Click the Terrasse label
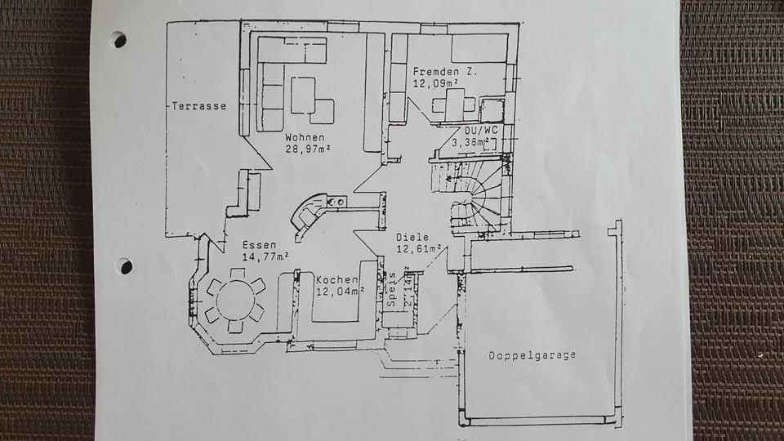pyautogui.click(x=199, y=106)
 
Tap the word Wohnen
pyautogui.click(x=305, y=136)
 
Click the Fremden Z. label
pyautogui.click(x=445, y=71)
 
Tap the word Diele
pyautogui.click(x=412, y=237)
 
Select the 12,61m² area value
pyautogui.click(x=420, y=248)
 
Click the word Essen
pyautogui.click(x=259, y=244)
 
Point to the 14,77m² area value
pyautogui.click(x=265, y=256)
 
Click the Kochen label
pyautogui.click(x=336, y=279)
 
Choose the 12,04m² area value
pyautogui.click(x=340, y=291)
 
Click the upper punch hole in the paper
pyautogui.click(x=119, y=38)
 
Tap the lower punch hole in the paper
pyautogui.click(x=124, y=265)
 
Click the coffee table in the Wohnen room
pyautogui.click(x=303, y=95)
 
